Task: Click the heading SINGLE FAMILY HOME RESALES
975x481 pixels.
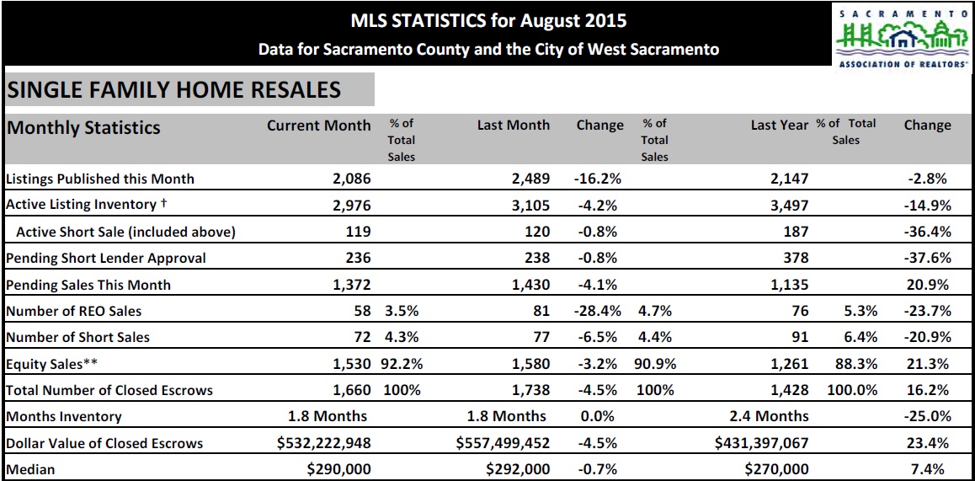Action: (173, 90)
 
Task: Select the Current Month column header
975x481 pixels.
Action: (318, 126)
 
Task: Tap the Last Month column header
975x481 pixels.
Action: (513, 126)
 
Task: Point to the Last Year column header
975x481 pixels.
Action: (779, 126)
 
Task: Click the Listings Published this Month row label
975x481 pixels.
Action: (100, 179)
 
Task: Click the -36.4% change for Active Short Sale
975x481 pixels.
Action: (927, 232)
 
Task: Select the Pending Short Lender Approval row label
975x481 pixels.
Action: (106, 258)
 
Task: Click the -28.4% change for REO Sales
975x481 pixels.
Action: (598, 311)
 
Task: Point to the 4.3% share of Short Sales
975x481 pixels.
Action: (402, 337)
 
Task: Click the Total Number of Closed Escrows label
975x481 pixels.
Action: (109, 390)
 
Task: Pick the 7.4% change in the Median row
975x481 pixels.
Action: (930, 469)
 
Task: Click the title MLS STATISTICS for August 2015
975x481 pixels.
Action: (488, 20)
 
